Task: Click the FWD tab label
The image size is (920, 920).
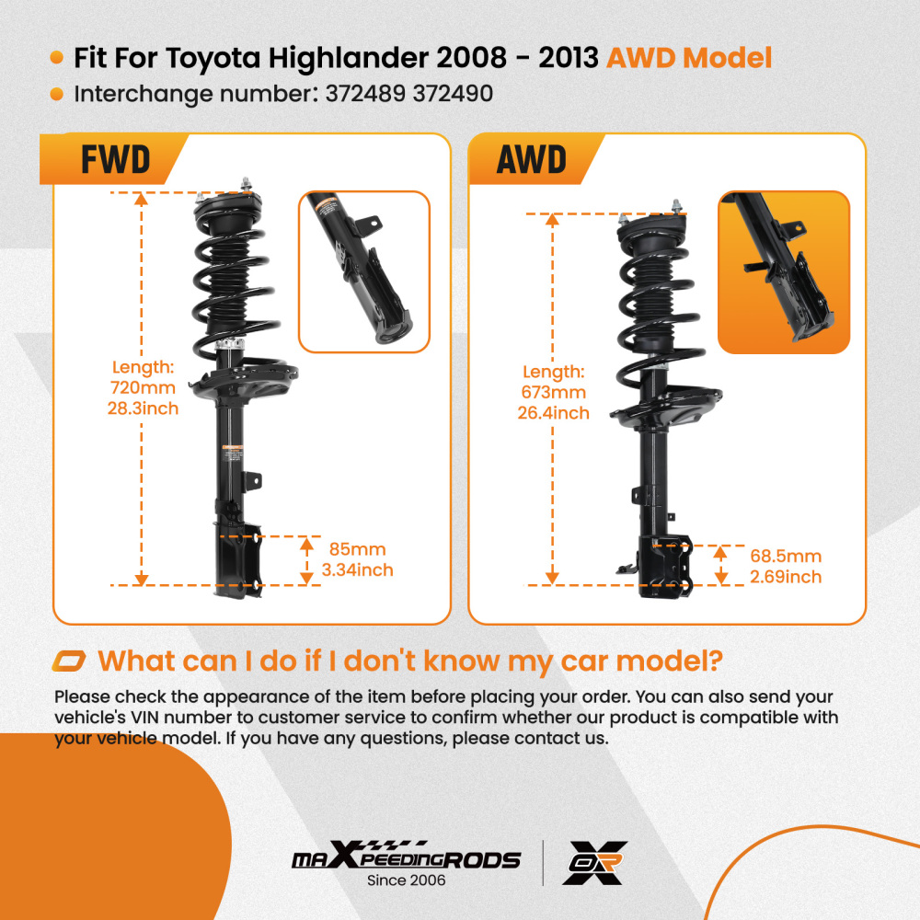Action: [x=115, y=159]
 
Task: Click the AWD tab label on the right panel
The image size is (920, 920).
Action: [x=531, y=159]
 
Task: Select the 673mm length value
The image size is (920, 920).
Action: [x=553, y=393]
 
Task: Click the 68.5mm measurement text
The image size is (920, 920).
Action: [x=786, y=557]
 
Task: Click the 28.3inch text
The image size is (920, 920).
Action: [x=142, y=408]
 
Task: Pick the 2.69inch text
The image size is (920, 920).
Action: [x=785, y=577]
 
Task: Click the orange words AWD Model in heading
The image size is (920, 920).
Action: [x=688, y=59]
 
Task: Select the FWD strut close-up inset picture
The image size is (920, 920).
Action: [x=363, y=271]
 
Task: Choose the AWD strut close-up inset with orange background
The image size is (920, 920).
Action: [x=783, y=271]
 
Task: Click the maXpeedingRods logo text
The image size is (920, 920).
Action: [x=406, y=859]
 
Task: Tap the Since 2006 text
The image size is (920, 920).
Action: [x=406, y=880]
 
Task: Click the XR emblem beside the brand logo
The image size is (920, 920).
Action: [x=595, y=862]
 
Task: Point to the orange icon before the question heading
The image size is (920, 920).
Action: [x=69, y=661]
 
